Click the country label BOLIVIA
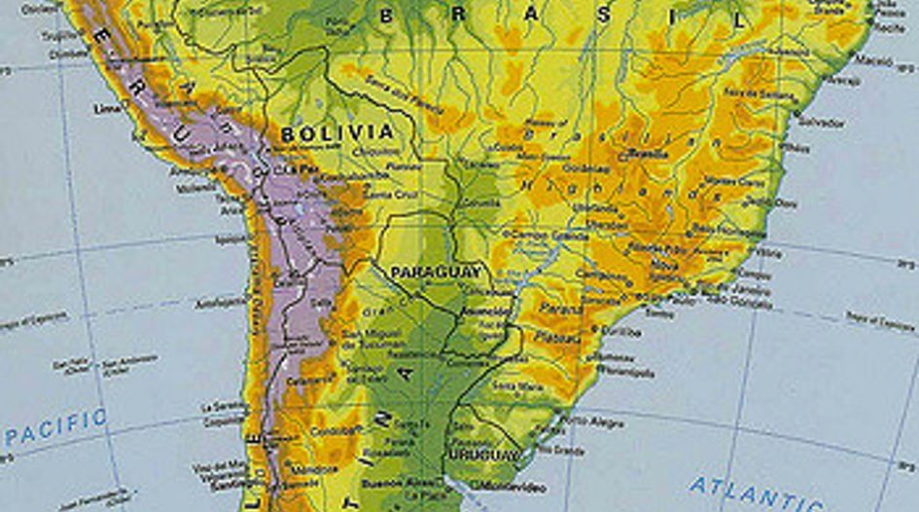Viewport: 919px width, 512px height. click(x=337, y=132)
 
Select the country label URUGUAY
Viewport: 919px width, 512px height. click(x=483, y=456)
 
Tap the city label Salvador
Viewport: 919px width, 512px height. click(x=821, y=122)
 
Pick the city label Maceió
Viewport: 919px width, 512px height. click(x=874, y=60)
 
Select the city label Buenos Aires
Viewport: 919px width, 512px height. click(x=389, y=483)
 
